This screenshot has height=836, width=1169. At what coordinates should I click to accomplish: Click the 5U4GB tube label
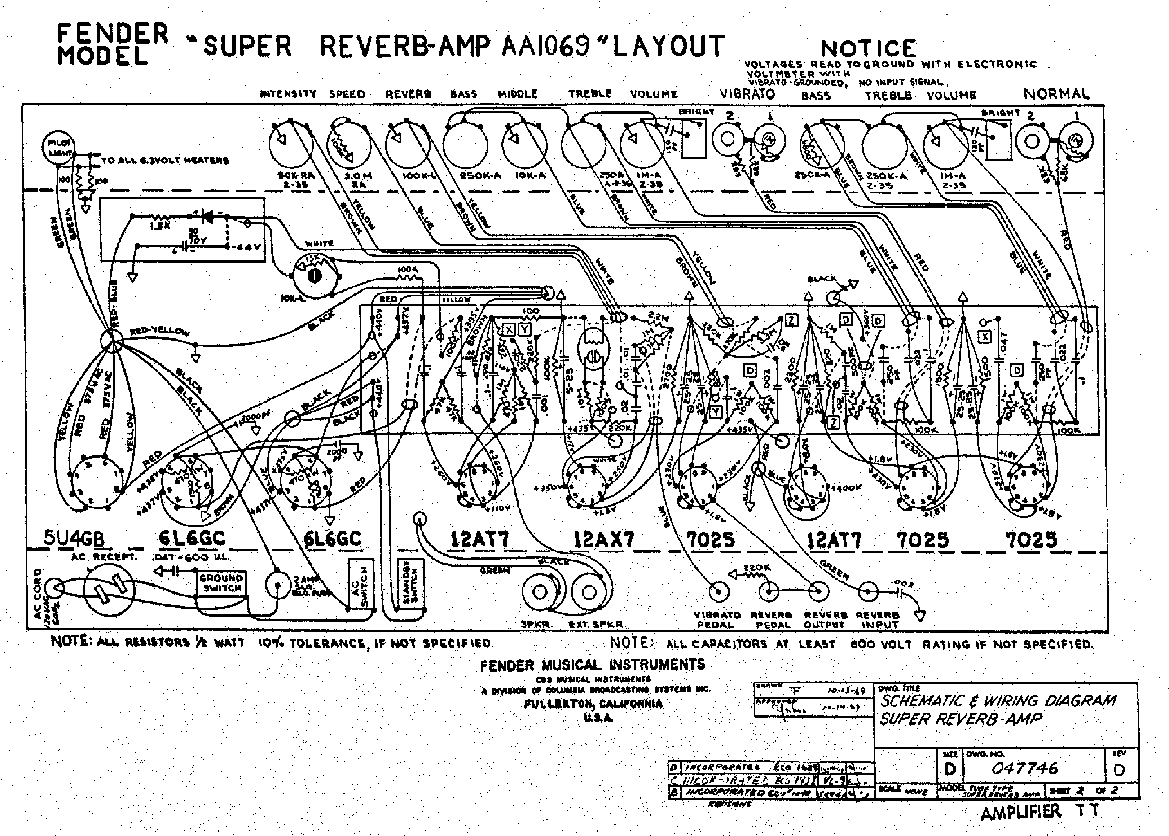tap(74, 538)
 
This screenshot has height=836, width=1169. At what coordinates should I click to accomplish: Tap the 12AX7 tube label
tap(603, 539)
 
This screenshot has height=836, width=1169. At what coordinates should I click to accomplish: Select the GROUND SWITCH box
tap(222, 583)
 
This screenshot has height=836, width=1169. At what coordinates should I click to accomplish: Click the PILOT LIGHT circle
tap(58, 147)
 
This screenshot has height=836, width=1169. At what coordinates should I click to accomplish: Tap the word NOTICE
tap(868, 49)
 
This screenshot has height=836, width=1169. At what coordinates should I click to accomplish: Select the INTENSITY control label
tap(288, 94)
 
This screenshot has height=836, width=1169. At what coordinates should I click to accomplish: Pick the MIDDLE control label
tap(518, 94)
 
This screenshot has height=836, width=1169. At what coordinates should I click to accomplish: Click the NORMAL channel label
tap(1056, 94)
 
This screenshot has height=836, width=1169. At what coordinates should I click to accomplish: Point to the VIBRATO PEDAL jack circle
tap(719, 592)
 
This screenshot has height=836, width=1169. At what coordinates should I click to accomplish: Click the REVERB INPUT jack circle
tap(868, 591)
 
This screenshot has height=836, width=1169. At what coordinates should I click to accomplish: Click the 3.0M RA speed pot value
tap(357, 179)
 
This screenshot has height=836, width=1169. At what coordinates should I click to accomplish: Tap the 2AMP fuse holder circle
tap(277, 585)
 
